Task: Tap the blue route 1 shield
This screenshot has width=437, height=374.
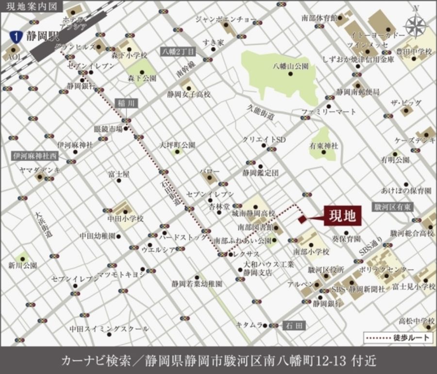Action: coord(17,35)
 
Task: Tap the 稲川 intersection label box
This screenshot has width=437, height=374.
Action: coord(126,103)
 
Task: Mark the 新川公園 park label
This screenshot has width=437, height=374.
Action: coord(23,265)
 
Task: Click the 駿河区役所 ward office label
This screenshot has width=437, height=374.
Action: coord(326,269)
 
